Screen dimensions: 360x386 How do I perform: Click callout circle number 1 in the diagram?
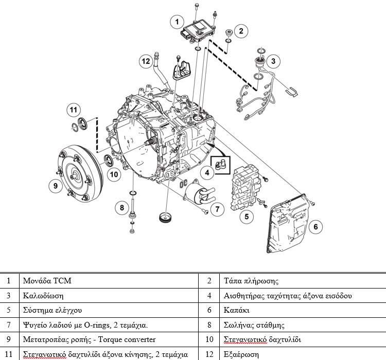(x=177, y=22)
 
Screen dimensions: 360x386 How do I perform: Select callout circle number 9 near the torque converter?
(x=55, y=185)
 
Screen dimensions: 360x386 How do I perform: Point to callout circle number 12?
(x=146, y=61)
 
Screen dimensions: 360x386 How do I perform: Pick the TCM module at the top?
(x=198, y=27)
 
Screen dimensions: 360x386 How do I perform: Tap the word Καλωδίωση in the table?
(x=43, y=296)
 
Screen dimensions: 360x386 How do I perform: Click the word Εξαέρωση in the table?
(x=240, y=354)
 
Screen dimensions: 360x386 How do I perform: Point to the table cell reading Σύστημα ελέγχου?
(x=52, y=310)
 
